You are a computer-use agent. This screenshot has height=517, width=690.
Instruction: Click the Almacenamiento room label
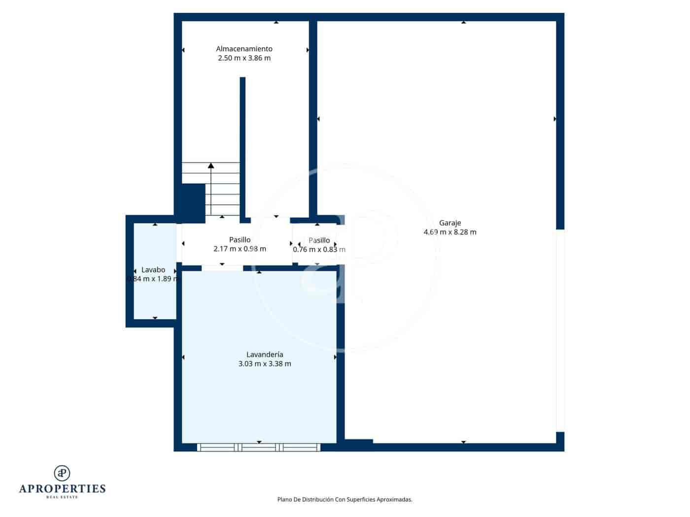(x=244, y=49)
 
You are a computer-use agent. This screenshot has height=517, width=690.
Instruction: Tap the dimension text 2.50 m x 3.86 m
(x=244, y=58)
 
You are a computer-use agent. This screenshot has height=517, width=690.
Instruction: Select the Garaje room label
(x=449, y=223)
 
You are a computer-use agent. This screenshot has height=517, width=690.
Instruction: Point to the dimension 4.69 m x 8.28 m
(x=449, y=232)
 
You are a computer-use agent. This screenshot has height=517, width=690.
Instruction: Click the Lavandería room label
(x=265, y=355)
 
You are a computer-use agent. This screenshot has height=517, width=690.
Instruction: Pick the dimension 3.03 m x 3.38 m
(x=265, y=364)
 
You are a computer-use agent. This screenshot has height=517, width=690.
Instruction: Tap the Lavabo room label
(x=153, y=270)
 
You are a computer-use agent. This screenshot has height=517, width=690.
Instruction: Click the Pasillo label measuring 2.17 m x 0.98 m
(x=240, y=240)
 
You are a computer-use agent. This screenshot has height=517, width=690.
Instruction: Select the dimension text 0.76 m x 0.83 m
(x=319, y=250)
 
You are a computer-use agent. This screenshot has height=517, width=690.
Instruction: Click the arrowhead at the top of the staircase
(x=211, y=165)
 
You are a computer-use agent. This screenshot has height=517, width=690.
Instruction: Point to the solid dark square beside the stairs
(x=193, y=203)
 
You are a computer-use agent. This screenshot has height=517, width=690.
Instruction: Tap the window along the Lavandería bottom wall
(x=259, y=447)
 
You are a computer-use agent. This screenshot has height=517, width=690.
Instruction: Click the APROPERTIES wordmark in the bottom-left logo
(x=62, y=488)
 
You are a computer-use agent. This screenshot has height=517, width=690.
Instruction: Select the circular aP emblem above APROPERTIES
(x=62, y=473)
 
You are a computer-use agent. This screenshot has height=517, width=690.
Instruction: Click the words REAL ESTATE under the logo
(x=62, y=497)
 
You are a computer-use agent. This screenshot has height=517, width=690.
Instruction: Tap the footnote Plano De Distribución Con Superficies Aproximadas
(x=345, y=499)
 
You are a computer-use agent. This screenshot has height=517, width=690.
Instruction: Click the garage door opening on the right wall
(x=560, y=330)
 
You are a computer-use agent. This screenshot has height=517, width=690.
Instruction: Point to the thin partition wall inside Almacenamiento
(x=242, y=148)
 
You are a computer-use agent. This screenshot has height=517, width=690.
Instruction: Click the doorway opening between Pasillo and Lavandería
(x=222, y=268)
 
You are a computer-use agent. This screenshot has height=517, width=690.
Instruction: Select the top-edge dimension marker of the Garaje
(x=463, y=22)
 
